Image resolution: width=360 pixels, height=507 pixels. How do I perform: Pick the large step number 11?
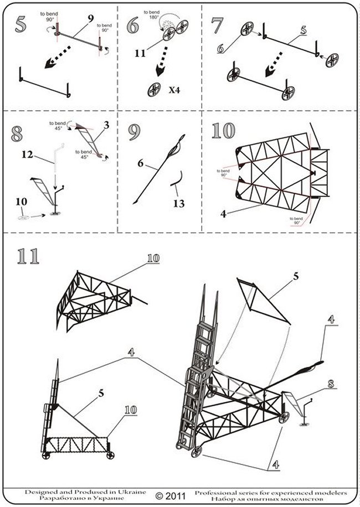pos(28,256)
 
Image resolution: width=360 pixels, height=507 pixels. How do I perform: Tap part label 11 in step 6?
pos(141,54)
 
